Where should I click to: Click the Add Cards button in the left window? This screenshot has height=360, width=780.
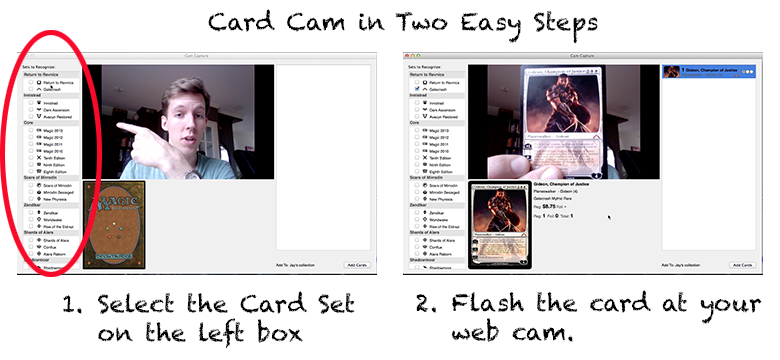358,265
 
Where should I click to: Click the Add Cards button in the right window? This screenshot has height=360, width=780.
741,265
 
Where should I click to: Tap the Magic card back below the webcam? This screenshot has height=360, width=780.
115,224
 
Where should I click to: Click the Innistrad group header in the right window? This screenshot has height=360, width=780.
418,96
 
